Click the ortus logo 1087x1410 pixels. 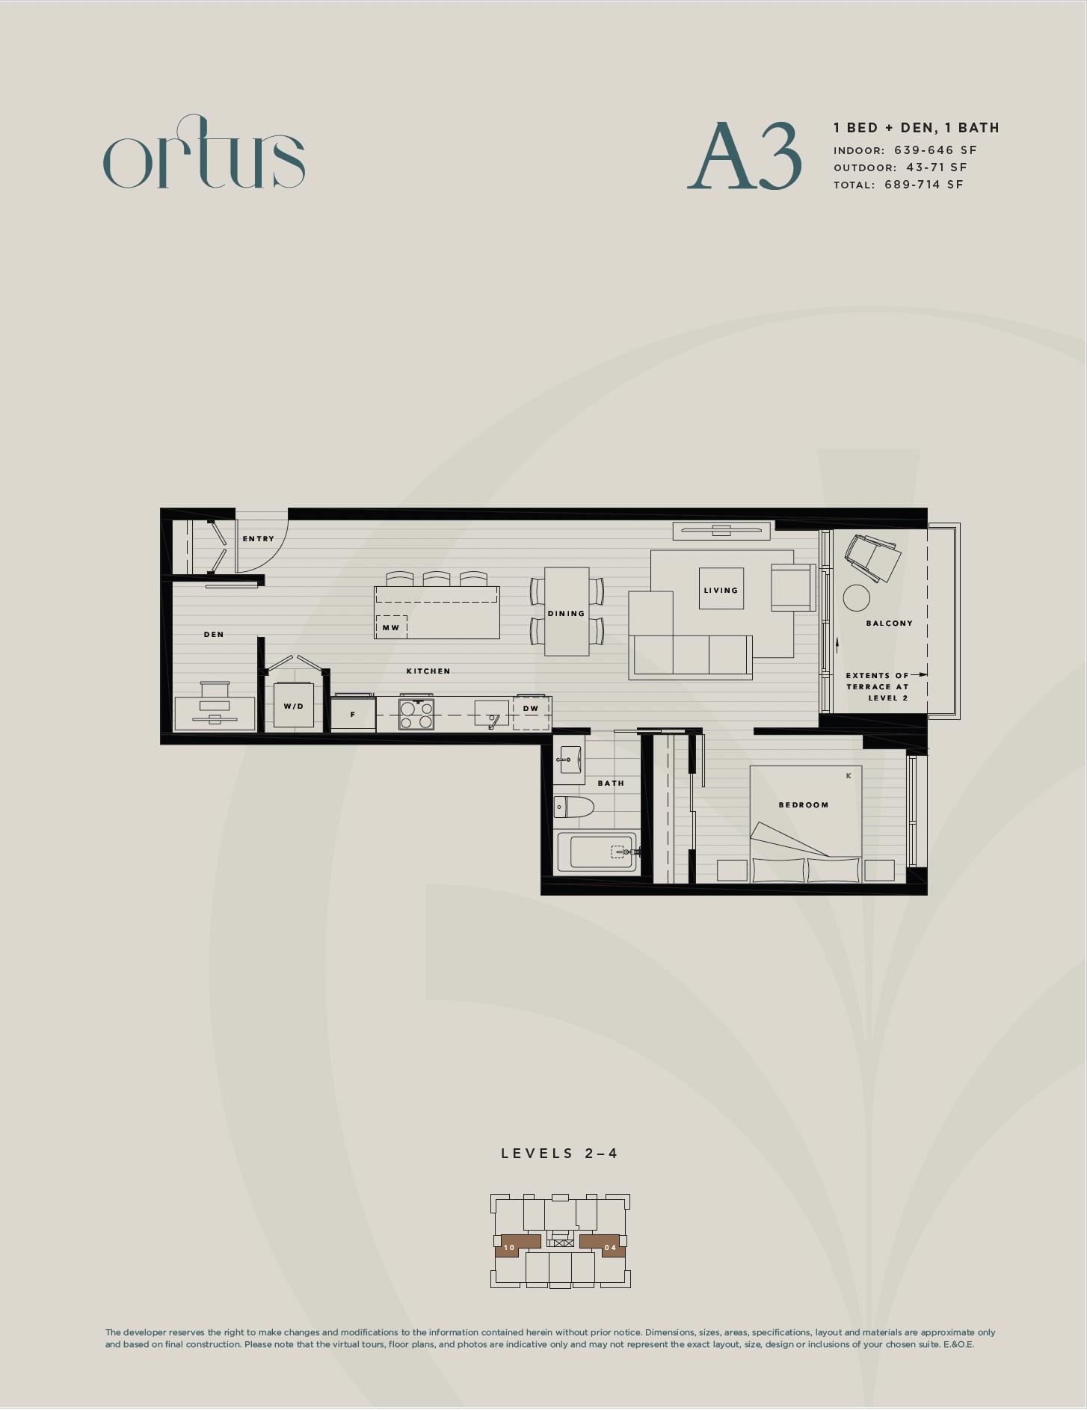click(203, 153)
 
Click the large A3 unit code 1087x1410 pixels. click(745, 156)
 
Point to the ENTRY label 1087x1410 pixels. click(259, 538)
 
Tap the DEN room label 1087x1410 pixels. click(214, 634)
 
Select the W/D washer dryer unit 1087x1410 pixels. click(294, 705)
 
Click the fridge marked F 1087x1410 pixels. click(353, 713)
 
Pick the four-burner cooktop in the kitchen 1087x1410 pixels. click(416, 713)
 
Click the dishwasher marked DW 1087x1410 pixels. click(532, 713)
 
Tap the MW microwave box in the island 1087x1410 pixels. click(391, 627)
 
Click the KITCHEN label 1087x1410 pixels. click(428, 671)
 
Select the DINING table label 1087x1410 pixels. click(566, 613)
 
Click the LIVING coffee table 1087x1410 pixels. click(721, 589)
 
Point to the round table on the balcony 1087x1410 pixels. click(857, 598)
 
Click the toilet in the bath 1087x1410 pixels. click(574, 807)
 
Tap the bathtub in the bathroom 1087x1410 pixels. click(597, 852)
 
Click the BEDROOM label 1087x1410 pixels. click(804, 804)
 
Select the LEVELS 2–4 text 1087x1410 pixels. click(560, 1153)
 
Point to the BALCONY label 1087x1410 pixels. click(890, 623)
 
